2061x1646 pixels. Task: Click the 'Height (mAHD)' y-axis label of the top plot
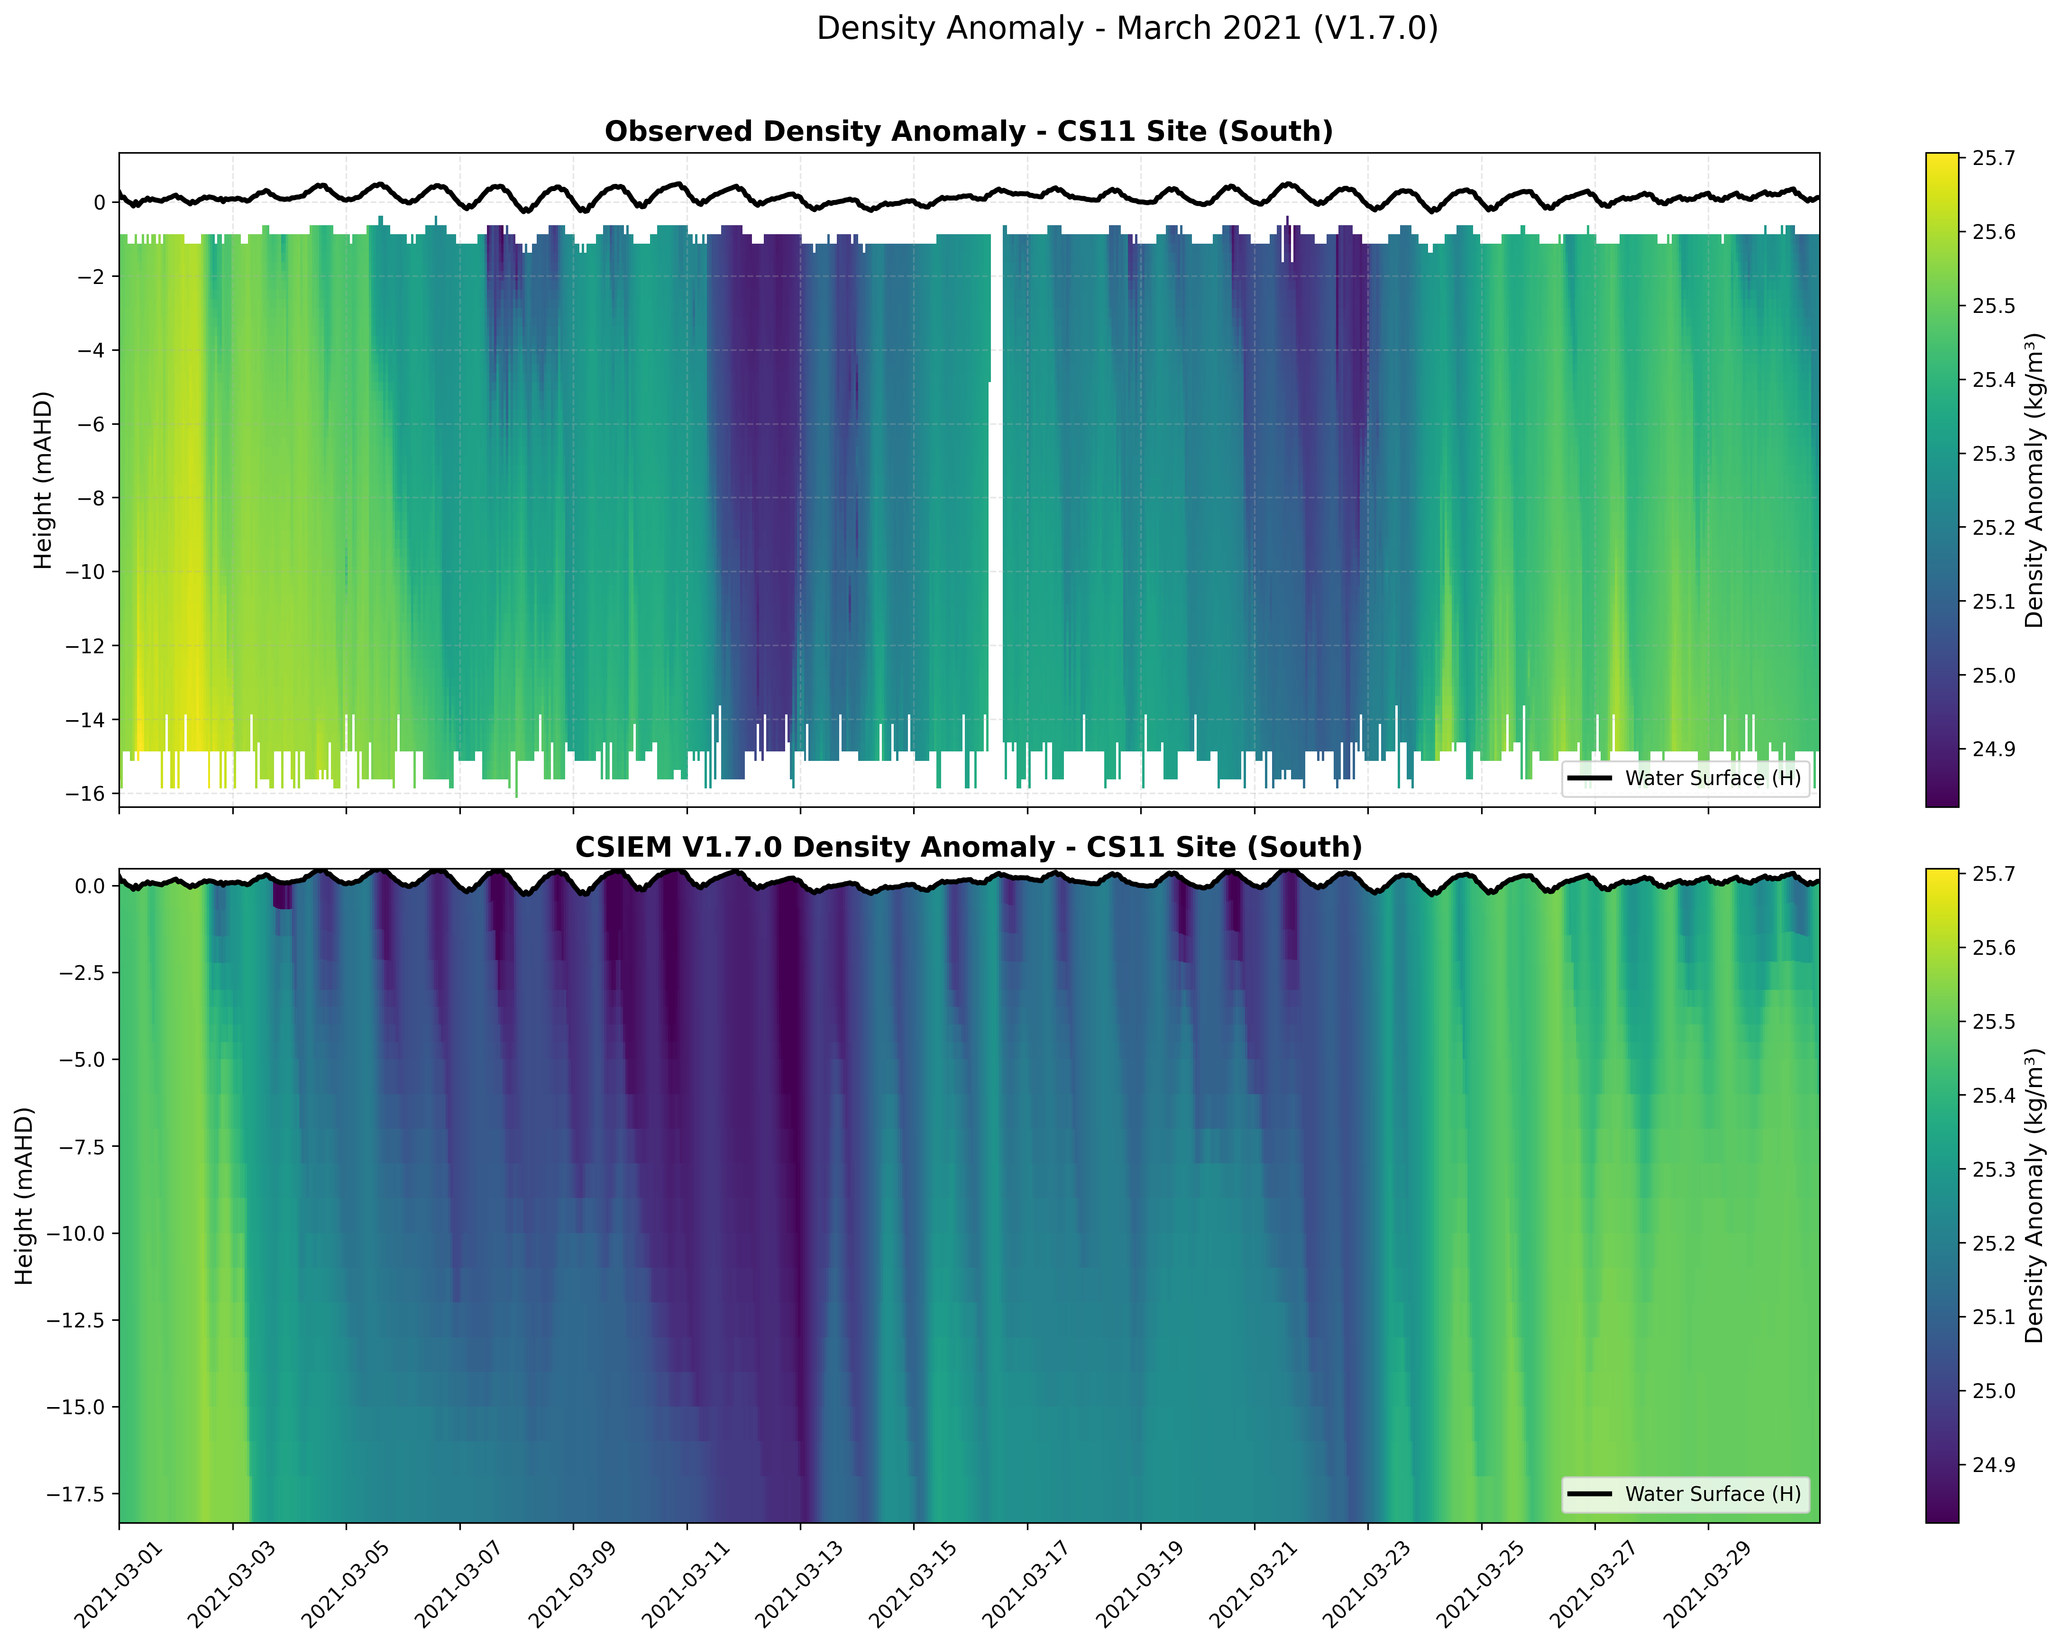point(43,480)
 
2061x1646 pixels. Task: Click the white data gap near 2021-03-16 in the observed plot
point(996,478)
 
